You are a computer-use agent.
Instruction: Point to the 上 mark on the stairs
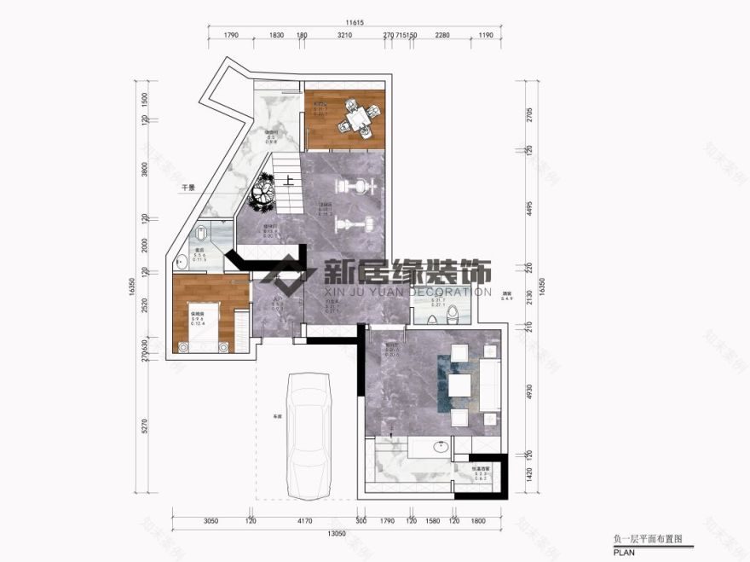pos(290,180)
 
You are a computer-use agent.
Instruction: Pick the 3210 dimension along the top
pos(344,37)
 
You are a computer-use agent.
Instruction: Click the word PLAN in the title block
pos(624,553)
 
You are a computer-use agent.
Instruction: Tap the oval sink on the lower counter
pos(440,446)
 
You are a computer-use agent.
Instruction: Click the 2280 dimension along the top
pos(442,37)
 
